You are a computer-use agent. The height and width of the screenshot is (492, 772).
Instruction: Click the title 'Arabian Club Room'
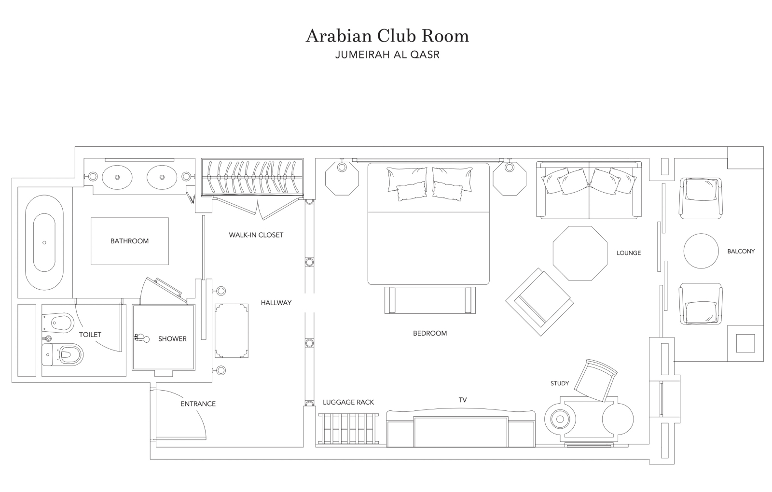pyautogui.click(x=387, y=36)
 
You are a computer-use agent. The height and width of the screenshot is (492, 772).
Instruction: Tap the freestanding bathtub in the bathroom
pyautogui.click(x=44, y=243)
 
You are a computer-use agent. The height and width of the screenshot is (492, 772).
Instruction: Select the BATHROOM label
pyautogui.click(x=130, y=241)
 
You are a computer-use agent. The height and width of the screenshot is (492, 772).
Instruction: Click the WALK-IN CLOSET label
pyautogui.click(x=256, y=235)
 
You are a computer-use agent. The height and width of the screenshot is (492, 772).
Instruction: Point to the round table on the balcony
pyautogui.click(x=701, y=251)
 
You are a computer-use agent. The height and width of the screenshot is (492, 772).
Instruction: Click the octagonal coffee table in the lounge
pyautogui.click(x=580, y=253)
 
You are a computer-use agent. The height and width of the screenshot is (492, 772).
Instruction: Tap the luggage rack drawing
pyautogui.click(x=348, y=429)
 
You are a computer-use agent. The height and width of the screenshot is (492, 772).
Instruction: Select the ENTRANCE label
pyautogui.click(x=198, y=404)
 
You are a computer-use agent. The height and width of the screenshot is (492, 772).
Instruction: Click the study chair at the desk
pyautogui.click(x=596, y=380)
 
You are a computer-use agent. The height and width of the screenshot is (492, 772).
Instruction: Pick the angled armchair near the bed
pyautogui.click(x=540, y=302)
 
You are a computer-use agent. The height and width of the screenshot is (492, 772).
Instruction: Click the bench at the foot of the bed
pyautogui.click(x=430, y=300)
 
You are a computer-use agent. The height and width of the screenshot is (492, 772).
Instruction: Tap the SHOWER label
pyautogui.click(x=172, y=339)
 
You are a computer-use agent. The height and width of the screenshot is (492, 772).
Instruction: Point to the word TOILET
pyautogui.click(x=90, y=335)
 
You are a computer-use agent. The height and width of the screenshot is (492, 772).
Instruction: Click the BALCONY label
pyautogui.click(x=741, y=252)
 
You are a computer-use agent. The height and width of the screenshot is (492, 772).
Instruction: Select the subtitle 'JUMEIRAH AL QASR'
pyautogui.click(x=387, y=55)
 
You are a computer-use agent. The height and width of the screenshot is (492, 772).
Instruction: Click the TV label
pyautogui.click(x=463, y=400)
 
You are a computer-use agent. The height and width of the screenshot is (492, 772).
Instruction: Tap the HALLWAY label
pyautogui.click(x=276, y=303)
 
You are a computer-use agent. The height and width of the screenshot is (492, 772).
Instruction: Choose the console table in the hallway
pyautogui.click(x=232, y=331)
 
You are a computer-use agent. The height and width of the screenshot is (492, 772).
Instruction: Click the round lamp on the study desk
pyautogui.click(x=560, y=419)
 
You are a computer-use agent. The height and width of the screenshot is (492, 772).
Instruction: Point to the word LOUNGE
pyautogui.click(x=629, y=253)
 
